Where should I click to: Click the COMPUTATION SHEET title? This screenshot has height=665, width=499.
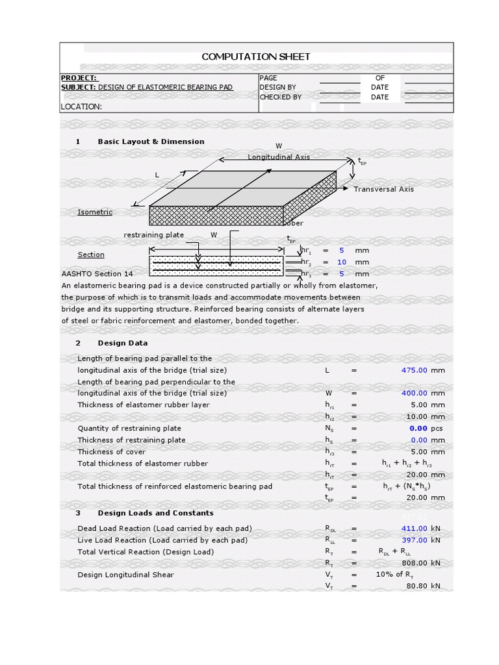click(x=255, y=56)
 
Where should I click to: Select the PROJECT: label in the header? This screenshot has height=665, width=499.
click(x=79, y=77)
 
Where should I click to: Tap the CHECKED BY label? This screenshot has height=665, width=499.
click(x=280, y=97)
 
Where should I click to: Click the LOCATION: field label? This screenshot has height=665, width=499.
click(x=81, y=107)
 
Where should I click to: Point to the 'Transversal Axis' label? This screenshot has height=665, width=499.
click(x=383, y=189)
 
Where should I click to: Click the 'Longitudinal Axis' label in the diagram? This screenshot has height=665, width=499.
click(x=279, y=157)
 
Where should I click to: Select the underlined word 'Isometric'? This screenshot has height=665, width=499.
click(x=95, y=212)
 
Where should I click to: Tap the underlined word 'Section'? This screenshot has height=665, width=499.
click(x=91, y=255)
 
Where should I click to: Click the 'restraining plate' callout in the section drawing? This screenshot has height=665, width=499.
click(x=153, y=235)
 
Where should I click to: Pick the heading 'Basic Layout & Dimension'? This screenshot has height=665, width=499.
click(x=151, y=142)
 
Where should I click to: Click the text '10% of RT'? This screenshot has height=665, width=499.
click(x=394, y=575)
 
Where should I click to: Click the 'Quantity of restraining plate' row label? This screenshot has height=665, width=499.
click(x=129, y=429)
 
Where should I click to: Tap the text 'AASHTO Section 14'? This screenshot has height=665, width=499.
click(x=97, y=274)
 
